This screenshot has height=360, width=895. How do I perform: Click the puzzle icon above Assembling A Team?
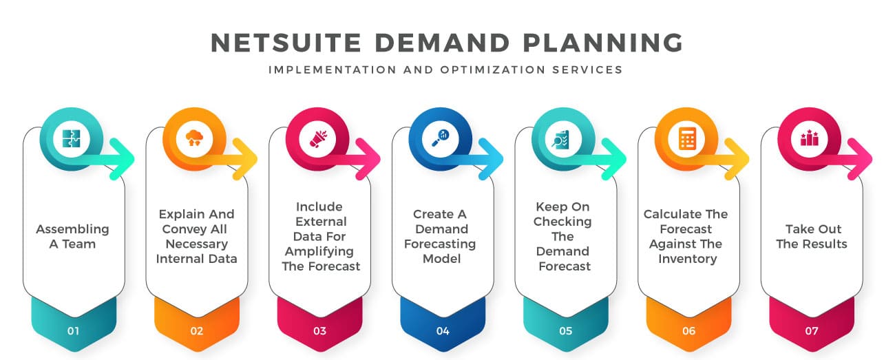pos(72,138)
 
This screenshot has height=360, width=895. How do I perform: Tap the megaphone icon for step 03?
pos(319,138)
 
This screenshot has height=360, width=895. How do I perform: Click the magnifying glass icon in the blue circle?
pos(442,137)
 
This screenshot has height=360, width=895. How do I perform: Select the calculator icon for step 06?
pos(688,138)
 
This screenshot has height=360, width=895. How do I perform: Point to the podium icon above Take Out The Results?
pos(810,138)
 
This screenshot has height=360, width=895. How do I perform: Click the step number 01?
pos(73,331)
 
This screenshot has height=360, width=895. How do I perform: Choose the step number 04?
pos(443,331)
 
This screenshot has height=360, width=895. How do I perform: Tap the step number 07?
pos(812,331)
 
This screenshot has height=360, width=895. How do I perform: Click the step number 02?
pos(197,331)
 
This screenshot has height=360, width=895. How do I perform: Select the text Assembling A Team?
pos(73,236)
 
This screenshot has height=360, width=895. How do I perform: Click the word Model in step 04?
pos(442,259)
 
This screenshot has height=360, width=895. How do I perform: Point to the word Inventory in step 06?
pos(688,259)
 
